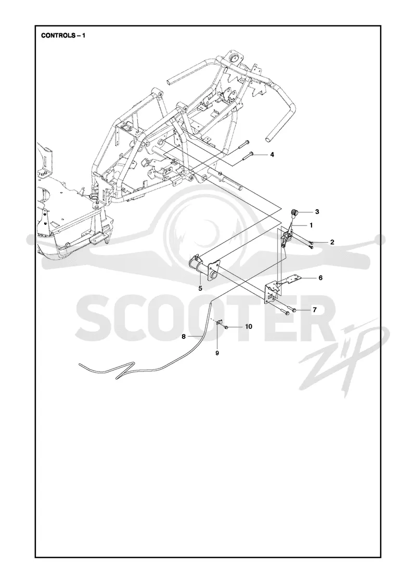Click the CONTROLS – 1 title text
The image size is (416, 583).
point(63,36)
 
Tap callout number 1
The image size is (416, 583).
point(311,225)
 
